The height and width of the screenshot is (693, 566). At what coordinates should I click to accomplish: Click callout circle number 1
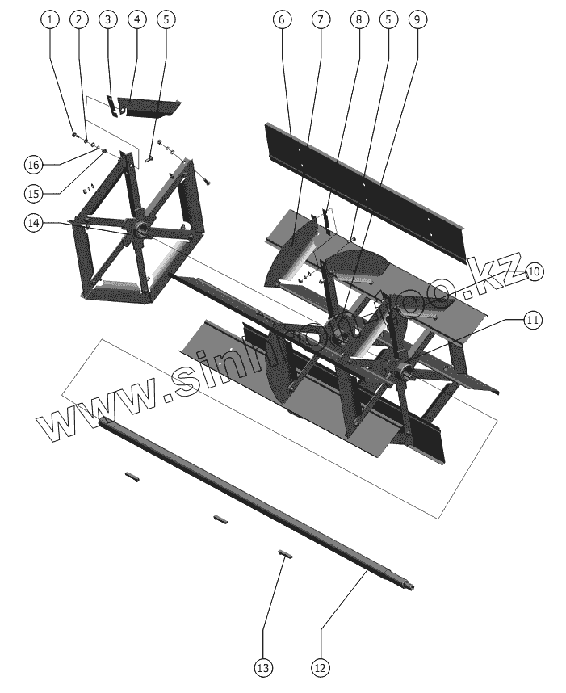pos(50,19)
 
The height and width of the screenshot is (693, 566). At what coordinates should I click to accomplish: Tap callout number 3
pos(108,19)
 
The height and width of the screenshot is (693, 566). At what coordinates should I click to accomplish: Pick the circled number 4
pos(136,19)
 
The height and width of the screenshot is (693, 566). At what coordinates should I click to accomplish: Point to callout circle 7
pos(321,19)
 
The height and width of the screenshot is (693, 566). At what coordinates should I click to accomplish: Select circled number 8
pos(358,19)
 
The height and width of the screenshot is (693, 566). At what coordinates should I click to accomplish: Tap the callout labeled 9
pos(415,19)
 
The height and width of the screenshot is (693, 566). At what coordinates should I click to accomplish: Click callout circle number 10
pos(534,272)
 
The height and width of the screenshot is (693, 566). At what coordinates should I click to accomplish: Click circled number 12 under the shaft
pos(321,667)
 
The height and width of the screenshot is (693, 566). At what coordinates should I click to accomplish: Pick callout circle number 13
pos(263,667)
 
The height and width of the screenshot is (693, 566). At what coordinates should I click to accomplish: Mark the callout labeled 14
pos(33,225)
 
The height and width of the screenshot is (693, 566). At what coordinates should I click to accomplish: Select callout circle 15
pos(33,194)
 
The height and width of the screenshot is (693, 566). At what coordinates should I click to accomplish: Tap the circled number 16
pos(33,165)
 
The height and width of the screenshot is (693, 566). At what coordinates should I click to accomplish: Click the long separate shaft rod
pos(242,501)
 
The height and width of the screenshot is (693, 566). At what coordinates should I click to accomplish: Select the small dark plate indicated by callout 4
pos(149,108)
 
